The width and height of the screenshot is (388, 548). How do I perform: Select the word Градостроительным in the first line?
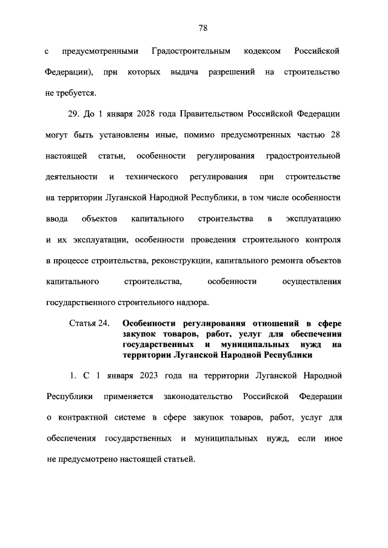click(189, 51)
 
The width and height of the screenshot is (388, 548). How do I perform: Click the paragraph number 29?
click(72, 114)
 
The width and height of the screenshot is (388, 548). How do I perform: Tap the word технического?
click(151, 177)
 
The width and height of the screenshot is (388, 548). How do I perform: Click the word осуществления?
click(312, 282)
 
